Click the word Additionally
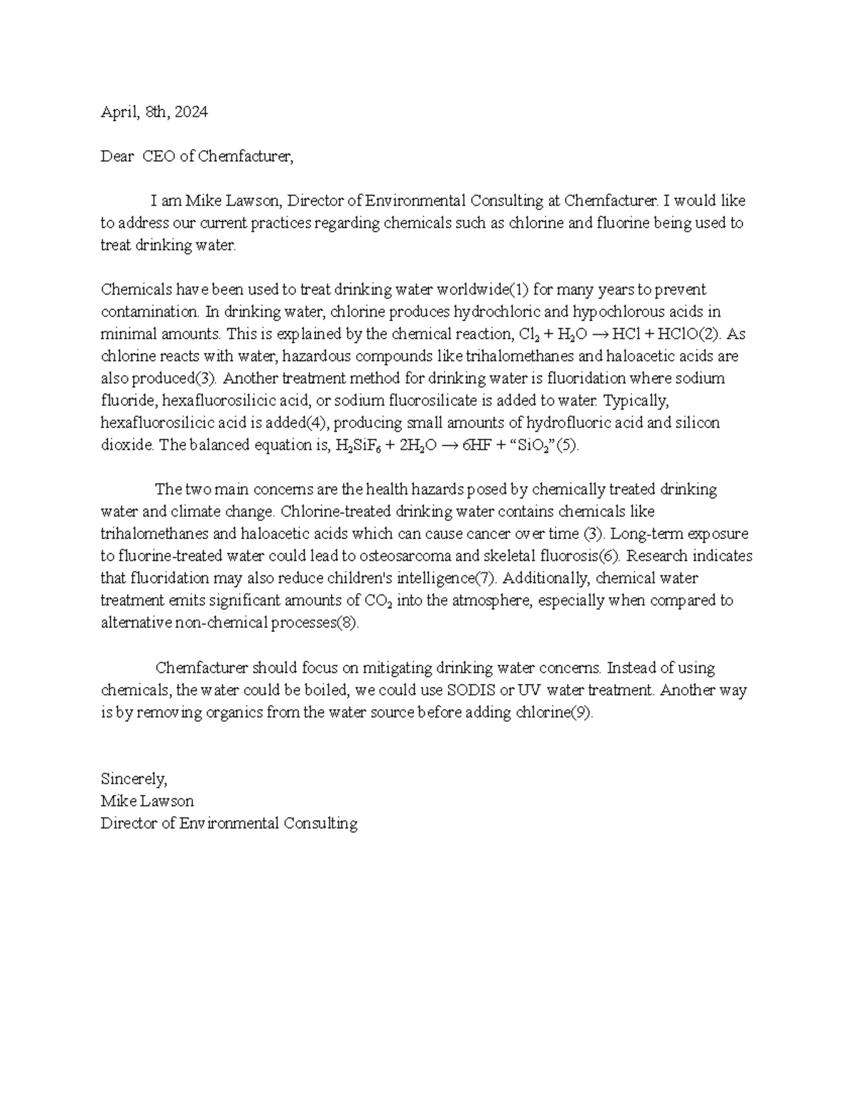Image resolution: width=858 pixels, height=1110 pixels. (542, 578)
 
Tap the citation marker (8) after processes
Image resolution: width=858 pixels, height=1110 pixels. (346, 622)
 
